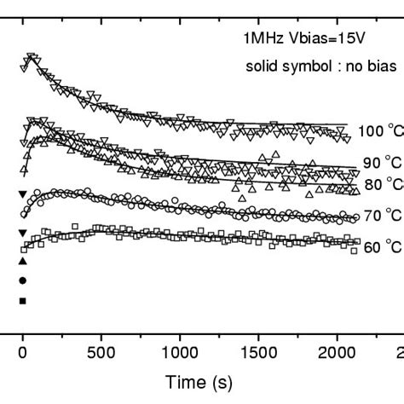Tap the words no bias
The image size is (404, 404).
tap(346, 66)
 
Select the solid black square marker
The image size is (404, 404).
tap(23, 300)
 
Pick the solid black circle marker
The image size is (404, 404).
tap(23, 280)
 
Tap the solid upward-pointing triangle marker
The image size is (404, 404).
tap(23, 260)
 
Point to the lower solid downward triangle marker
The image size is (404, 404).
tap(23, 233)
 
